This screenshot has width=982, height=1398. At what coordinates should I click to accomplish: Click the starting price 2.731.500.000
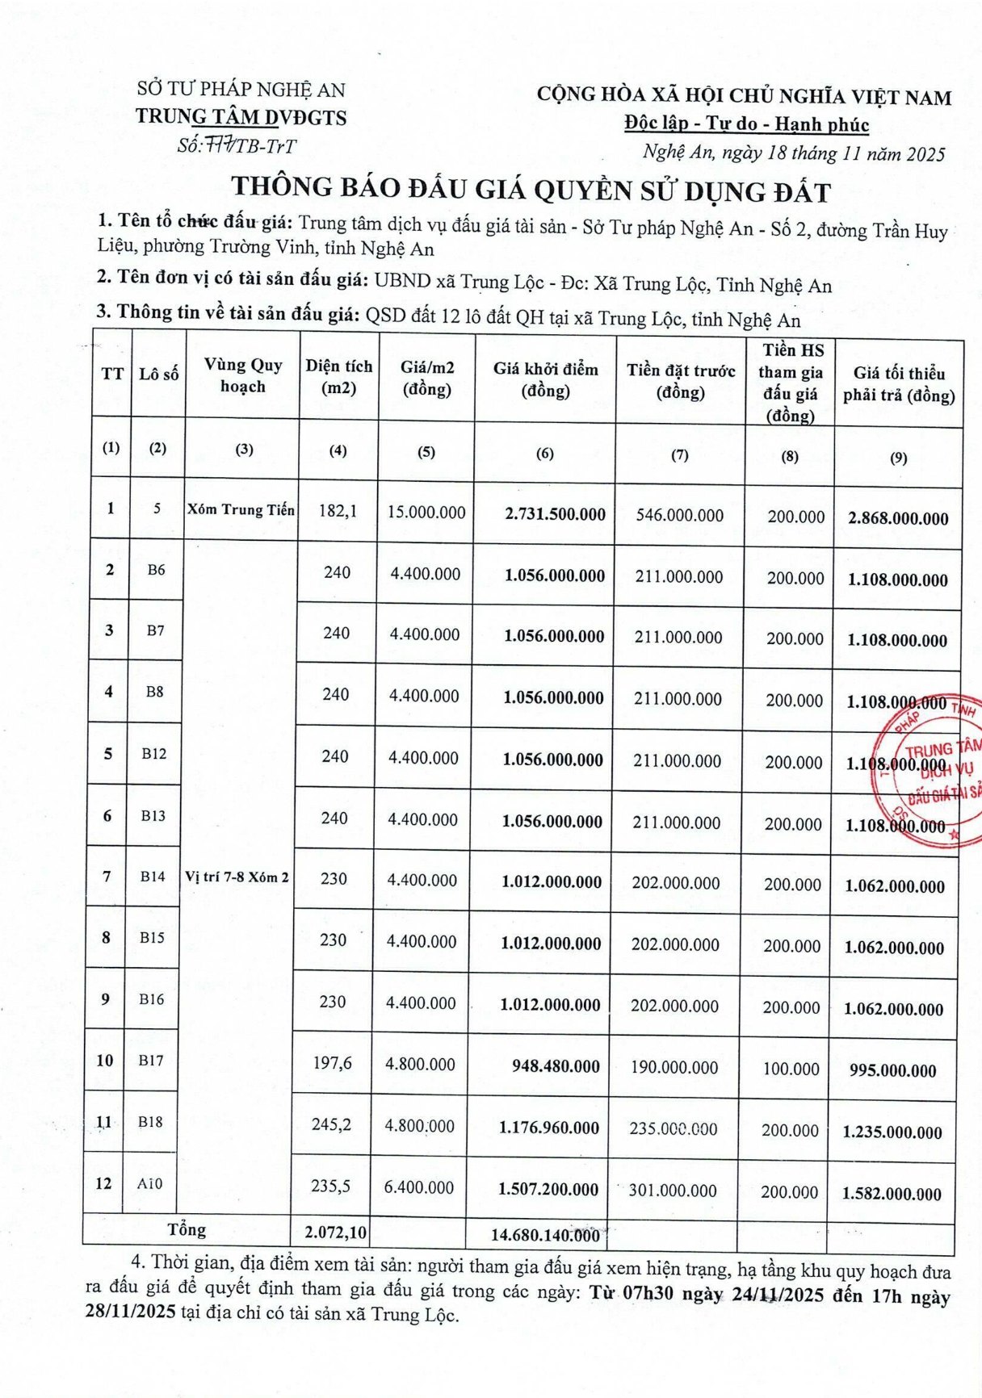(x=555, y=514)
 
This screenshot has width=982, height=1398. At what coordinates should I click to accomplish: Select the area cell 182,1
(x=338, y=511)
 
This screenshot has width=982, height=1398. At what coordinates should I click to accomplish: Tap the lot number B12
(x=153, y=754)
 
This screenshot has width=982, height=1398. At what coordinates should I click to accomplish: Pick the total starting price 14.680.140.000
(x=545, y=1235)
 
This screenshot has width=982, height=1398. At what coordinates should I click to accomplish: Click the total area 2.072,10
(x=335, y=1233)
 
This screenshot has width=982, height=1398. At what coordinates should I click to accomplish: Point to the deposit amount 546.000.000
(x=679, y=515)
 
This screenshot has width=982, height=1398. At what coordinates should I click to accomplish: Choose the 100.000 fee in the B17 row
(x=791, y=1069)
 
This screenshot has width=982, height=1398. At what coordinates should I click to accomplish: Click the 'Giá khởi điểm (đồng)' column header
(x=545, y=380)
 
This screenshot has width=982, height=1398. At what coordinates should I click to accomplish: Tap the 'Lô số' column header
(x=158, y=375)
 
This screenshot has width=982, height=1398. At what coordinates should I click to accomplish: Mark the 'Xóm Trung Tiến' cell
(x=241, y=510)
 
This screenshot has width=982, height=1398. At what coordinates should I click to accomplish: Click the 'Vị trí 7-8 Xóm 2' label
(x=237, y=877)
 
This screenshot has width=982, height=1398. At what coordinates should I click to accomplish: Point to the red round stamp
(x=929, y=771)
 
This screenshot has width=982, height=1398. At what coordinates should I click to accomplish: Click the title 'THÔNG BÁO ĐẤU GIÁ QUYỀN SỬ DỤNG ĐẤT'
(x=531, y=190)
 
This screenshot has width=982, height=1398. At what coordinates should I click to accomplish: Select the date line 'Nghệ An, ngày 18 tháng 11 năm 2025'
(x=793, y=153)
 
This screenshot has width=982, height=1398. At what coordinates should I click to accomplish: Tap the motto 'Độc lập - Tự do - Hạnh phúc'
(x=746, y=124)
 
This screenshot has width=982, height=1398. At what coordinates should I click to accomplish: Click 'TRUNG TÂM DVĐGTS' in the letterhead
(x=241, y=117)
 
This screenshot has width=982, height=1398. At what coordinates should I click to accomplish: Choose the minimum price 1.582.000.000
(x=892, y=1194)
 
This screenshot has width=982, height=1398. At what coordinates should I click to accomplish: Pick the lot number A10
(x=149, y=1183)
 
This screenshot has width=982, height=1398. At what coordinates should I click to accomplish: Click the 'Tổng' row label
(x=187, y=1229)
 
